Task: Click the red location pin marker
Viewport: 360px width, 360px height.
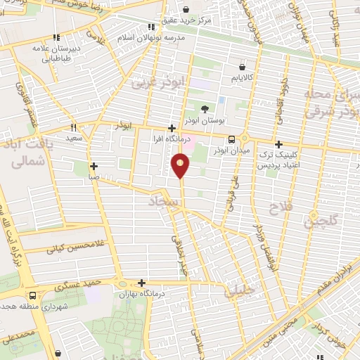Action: pyautogui.click(x=181, y=166)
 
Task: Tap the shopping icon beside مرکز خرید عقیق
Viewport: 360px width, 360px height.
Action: pyautogui.click(x=186, y=10)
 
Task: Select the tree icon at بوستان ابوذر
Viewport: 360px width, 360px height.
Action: pyautogui.click(x=205, y=109)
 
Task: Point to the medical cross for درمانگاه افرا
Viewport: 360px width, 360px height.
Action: pyautogui.click(x=172, y=128)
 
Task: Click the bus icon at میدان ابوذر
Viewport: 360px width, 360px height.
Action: pyautogui.click(x=232, y=139)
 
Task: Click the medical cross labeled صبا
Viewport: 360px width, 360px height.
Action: pyautogui.click(x=94, y=167)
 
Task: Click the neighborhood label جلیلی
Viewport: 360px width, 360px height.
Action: pyautogui.click(x=239, y=293)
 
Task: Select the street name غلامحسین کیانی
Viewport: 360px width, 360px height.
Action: pyautogui.click(x=70, y=248)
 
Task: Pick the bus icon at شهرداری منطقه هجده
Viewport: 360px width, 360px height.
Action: pyautogui.click(x=32, y=295)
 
